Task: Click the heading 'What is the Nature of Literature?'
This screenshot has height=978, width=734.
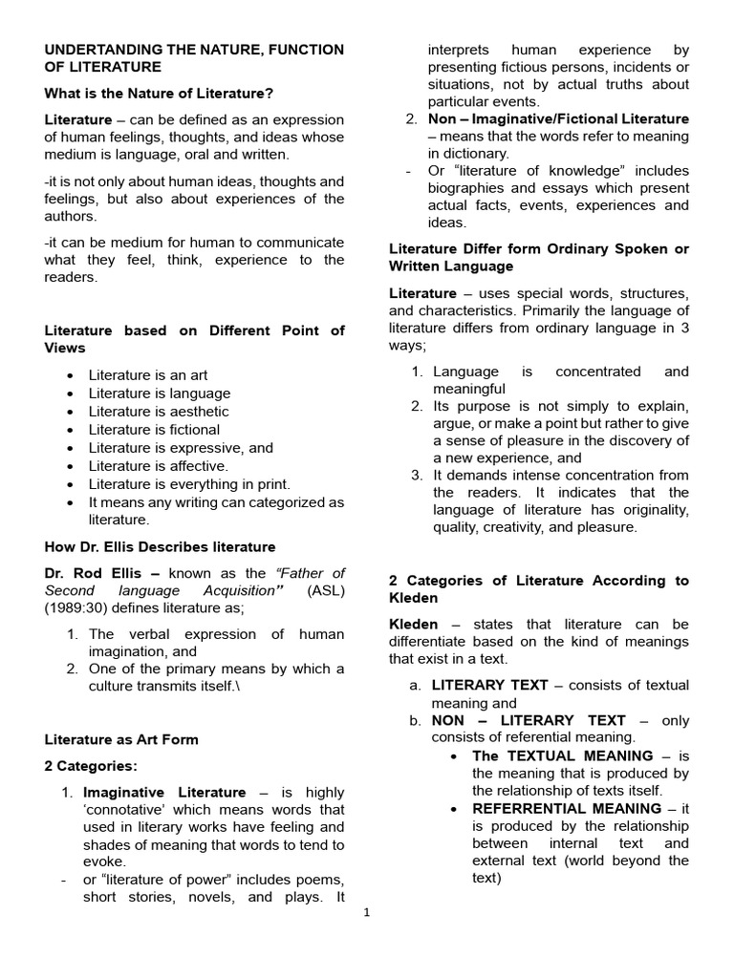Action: (159, 93)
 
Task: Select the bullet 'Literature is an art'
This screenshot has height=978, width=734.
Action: (148, 375)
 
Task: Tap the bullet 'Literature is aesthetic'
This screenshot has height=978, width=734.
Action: (159, 412)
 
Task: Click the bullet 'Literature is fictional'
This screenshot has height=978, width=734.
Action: (154, 430)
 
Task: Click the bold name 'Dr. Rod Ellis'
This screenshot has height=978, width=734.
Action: (99, 573)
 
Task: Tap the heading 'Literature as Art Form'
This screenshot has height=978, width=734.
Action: (121, 739)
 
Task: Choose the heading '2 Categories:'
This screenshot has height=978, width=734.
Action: (91, 766)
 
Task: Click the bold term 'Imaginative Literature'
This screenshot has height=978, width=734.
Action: (164, 793)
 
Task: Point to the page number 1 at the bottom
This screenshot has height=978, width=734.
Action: (367, 912)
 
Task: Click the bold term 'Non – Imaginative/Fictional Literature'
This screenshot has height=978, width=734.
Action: (559, 119)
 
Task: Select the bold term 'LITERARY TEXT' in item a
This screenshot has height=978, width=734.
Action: (489, 685)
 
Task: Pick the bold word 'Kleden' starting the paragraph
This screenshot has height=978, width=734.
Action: (414, 625)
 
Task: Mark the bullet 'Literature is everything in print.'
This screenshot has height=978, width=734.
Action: (189, 484)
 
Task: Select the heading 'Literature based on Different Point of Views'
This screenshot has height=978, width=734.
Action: (195, 339)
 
